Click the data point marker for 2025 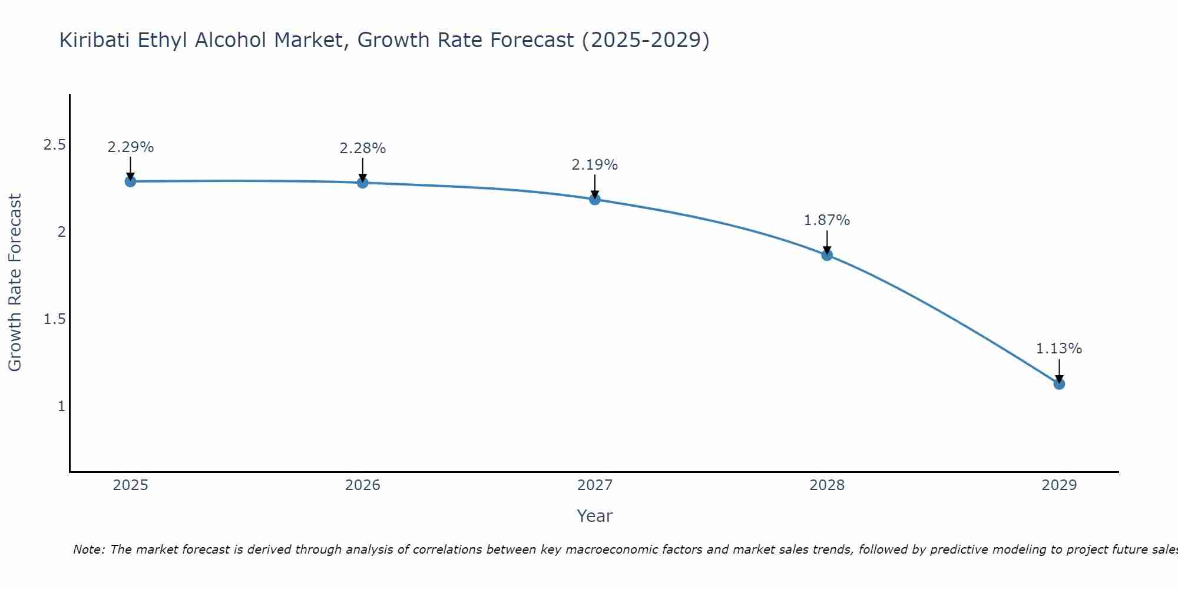(x=131, y=181)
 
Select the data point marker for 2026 (x=363, y=183)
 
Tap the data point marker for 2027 (x=595, y=199)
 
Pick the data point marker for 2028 (x=827, y=255)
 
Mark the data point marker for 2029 (x=1059, y=384)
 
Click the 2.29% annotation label (x=131, y=147)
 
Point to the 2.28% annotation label (x=363, y=148)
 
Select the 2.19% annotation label (x=595, y=165)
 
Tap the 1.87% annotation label (x=827, y=220)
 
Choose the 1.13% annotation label (x=1059, y=349)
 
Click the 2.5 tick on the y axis (x=54, y=145)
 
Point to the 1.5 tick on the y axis (x=54, y=319)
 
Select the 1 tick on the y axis (x=61, y=406)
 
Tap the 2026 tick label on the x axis (x=363, y=485)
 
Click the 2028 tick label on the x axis (x=827, y=485)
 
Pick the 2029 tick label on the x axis (x=1059, y=485)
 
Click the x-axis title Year (x=595, y=516)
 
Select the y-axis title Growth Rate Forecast (x=15, y=283)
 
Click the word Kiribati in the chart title (x=95, y=41)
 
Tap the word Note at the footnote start (x=88, y=550)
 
